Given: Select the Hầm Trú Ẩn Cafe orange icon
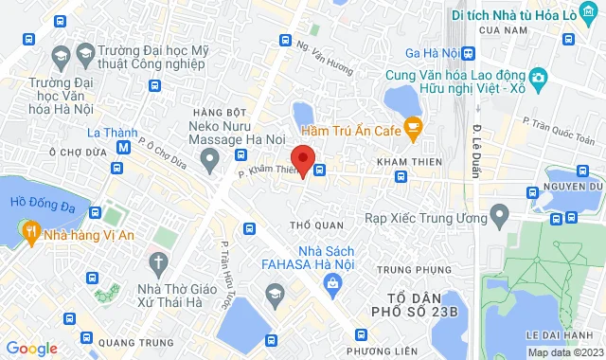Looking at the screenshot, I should click(413, 126).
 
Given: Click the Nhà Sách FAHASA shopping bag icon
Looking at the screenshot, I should click(332, 282).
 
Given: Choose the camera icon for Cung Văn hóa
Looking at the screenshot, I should click(538, 76).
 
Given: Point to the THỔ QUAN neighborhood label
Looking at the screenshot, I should click(314, 225).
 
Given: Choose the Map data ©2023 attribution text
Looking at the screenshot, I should click(565, 352).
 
